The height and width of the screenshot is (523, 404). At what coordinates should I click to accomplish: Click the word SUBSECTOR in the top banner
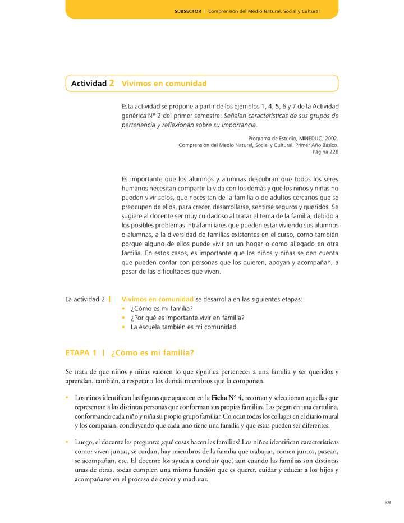(x=187, y=11)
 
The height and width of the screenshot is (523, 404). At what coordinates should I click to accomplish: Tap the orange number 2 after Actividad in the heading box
(x=112, y=83)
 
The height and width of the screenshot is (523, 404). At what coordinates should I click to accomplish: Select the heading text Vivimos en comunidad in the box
(x=164, y=84)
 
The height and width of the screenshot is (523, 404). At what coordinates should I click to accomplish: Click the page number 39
(x=387, y=502)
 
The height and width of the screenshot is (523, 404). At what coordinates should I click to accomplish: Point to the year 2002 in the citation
(x=331, y=137)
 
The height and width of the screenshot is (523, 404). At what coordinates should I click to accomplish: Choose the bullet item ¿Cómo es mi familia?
(x=162, y=308)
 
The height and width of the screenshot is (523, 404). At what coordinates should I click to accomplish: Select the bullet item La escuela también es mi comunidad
(x=183, y=327)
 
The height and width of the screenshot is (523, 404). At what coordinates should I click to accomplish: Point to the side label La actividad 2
(x=85, y=299)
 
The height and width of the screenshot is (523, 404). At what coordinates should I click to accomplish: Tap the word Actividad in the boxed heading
(x=89, y=84)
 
